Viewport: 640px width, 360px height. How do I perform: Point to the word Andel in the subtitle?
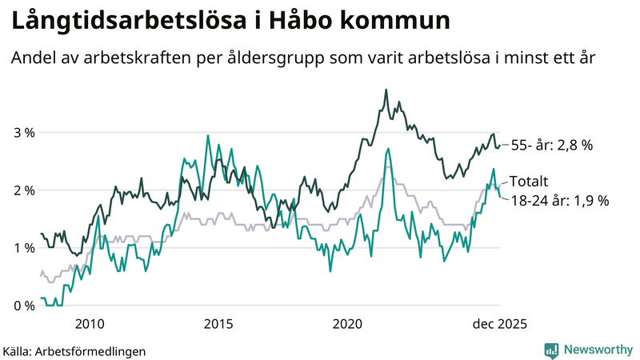32,60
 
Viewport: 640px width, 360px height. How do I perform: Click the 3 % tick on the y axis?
23,133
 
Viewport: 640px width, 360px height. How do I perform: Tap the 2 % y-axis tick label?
23,190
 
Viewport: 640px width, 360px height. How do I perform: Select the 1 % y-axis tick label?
23,248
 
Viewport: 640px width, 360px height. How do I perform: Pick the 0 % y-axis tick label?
23,306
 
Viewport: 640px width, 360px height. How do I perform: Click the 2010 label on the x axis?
89,324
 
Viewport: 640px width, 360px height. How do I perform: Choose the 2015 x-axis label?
218,324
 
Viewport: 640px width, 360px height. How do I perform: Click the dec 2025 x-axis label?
498,324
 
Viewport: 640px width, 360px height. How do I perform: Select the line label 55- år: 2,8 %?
551,145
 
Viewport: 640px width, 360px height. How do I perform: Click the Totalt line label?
529,182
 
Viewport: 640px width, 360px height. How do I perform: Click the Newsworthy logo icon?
551,350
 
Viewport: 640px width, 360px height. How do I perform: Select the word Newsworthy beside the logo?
597,350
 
